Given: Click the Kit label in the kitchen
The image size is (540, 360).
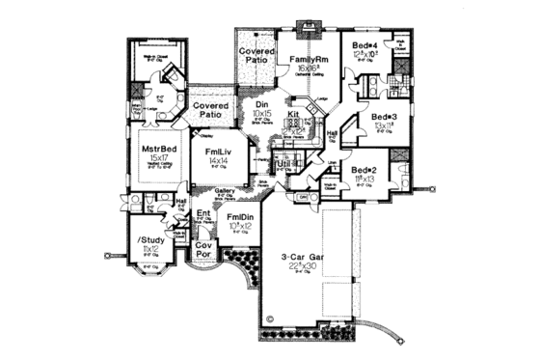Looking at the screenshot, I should pyautogui.click(x=296, y=115).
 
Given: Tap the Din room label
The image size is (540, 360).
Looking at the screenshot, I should pyautogui.click(x=261, y=107).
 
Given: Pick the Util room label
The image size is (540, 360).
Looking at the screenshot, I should pyautogui.click(x=283, y=165).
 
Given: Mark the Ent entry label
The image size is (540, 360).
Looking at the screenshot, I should pyautogui.click(x=203, y=212).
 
